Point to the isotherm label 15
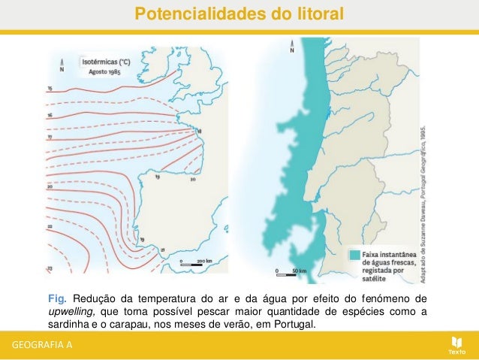click(50, 89)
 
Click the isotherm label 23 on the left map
click(50, 268)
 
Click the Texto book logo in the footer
click(456, 342)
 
